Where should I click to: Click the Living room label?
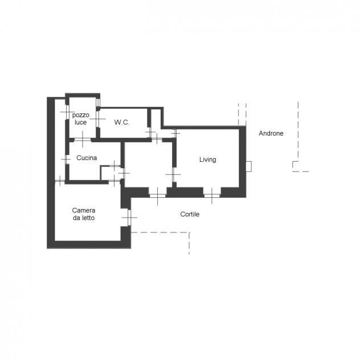point(207,159)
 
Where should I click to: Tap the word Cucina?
point(87,158)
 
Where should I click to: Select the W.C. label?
point(122,122)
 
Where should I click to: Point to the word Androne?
point(271,133)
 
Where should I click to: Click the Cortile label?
point(190,214)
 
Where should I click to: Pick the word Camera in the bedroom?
point(84,210)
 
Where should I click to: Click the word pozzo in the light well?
point(81,115)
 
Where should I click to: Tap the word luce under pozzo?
point(80,122)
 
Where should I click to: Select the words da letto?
point(84,218)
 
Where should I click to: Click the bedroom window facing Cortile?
point(129,218)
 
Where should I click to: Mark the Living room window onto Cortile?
point(212,195)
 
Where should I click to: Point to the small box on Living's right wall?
point(249,166)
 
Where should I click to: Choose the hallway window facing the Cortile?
point(157,195)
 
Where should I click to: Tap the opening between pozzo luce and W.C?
point(97,118)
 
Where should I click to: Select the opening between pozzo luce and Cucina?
point(83,140)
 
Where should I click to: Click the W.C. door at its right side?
point(150,133)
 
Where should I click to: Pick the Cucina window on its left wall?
point(67,159)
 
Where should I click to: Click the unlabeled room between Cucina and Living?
point(148,165)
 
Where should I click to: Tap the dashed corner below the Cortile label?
point(189,232)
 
